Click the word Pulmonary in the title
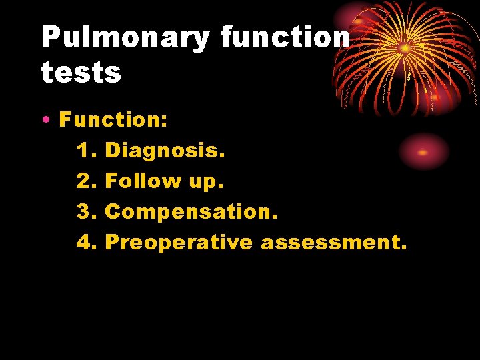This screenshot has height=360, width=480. click(x=125, y=38)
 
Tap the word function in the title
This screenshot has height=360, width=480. click(x=285, y=38)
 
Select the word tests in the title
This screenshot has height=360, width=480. click(x=81, y=73)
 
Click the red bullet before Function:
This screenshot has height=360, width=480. click(x=45, y=121)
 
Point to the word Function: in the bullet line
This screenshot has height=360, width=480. click(x=113, y=121)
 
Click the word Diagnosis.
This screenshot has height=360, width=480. click(x=165, y=151)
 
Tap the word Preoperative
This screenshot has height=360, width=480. click(x=179, y=243)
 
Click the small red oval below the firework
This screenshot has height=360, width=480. click(x=423, y=151)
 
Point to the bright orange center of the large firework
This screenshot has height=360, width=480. click(x=405, y=48)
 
